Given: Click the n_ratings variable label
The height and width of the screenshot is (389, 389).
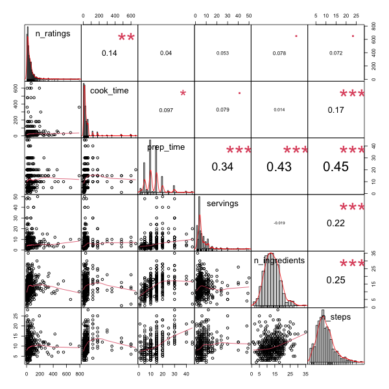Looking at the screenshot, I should [53, 32].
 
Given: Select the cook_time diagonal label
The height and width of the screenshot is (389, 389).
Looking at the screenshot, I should [111, 90].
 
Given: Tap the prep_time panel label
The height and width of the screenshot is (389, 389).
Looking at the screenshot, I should [167, 147].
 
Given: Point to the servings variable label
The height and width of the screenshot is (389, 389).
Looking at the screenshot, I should [223, 204].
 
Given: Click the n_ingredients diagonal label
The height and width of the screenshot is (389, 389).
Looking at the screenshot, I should [281, 260].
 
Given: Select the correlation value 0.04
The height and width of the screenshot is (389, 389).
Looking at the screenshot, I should [166, 53].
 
